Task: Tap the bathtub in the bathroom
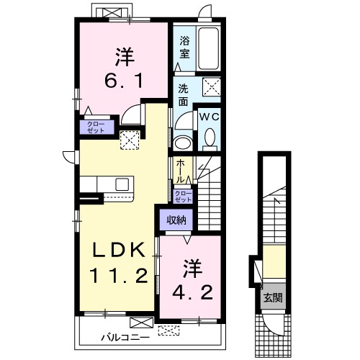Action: point(208,48)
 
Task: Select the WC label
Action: point(209,117)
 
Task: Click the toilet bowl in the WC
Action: point(210,138)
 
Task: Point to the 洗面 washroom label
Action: point(183,95)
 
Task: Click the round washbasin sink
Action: point(183,143)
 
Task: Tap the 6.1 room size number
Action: point(124,81)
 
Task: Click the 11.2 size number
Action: point(119,276)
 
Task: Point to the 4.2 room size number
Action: point(193,292)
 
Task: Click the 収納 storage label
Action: point(176,220)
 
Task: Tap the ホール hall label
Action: point(181,171)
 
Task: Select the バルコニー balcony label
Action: point(125,338)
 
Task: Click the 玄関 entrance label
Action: point(273,298)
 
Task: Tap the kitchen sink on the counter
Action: point(122,184)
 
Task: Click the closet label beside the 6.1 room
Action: point(96,127)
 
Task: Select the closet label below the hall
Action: point(184,197)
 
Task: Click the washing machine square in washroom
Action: point(211,86)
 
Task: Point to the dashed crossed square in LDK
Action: point(130,140)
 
